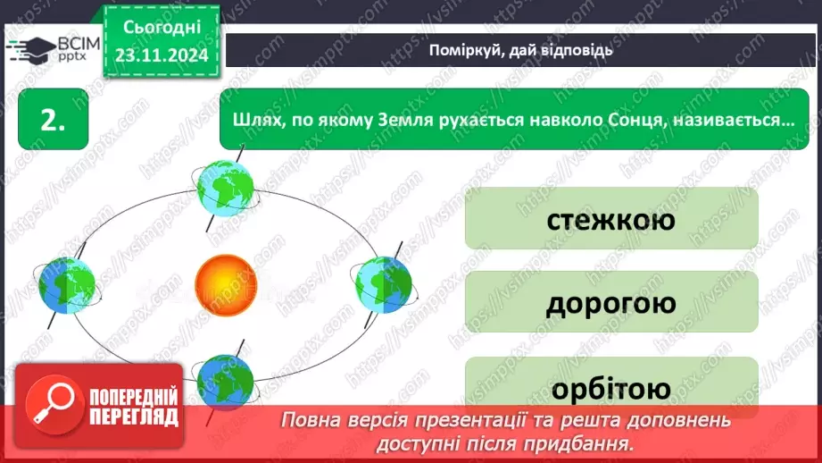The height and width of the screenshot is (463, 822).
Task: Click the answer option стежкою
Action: point(610,218)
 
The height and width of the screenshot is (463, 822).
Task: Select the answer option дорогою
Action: point(610,303)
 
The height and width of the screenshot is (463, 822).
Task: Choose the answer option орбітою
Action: point(610,388)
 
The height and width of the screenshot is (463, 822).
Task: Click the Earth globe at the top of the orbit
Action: point(226,186)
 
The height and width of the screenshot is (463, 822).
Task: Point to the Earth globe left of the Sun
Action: point(66,284)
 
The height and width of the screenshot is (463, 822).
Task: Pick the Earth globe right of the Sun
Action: point(384,283)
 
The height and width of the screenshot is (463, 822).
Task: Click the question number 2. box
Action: point(53,120)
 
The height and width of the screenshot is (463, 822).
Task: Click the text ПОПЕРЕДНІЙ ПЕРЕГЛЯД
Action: point(133,407)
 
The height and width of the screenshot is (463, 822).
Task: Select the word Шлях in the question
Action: point(256,120)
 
